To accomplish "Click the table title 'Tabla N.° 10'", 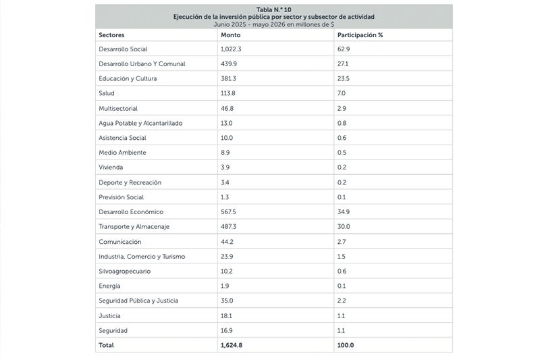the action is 274,9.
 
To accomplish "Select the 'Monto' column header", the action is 230,35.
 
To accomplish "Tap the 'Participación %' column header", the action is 360,35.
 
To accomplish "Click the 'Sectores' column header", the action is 111,35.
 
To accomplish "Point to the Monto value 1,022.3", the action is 231,49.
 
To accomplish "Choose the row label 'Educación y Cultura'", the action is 128,78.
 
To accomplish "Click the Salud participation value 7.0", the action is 342,93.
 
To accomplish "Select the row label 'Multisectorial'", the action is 118,109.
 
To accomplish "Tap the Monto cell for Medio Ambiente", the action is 225,153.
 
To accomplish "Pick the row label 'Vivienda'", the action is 111,168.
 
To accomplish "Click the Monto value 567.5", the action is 228,212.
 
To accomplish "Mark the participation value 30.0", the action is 344,227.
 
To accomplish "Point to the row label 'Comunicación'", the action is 120,242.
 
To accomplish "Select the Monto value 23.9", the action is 227,257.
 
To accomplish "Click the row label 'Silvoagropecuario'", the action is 125,272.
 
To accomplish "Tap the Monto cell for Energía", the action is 225,286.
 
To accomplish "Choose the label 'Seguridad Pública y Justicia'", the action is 138,301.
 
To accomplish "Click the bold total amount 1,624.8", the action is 232,345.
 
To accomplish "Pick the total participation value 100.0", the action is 346,345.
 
